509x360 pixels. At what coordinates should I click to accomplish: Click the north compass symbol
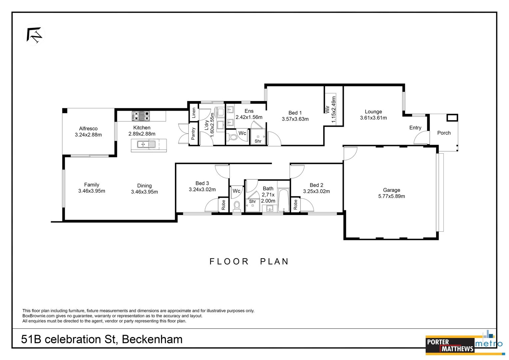(x=34, y=35)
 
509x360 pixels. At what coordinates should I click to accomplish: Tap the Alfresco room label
(x=88, y=129)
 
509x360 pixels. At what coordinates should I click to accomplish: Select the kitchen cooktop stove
(x=141, y=116)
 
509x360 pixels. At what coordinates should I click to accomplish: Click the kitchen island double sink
(x=146, y=145)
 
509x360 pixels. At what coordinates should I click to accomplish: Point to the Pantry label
(x=193, y=134)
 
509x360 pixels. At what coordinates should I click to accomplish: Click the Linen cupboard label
(x=194, y=113)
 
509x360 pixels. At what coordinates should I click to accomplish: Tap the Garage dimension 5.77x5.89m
(x=391, y=196)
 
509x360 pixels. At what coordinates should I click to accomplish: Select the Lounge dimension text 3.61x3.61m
(x=373, y=118)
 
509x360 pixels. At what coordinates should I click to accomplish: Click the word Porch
(x=444, y=133)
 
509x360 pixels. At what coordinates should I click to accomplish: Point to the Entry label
(x=415, y=128)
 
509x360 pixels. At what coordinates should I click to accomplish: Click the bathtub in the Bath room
(x=283, y=200)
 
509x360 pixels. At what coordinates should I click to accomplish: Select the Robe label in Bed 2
(x=295, y=205)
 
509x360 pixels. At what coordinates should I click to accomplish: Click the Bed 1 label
(x=295, y=113)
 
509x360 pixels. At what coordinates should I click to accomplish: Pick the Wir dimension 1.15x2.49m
(x=334, y=110)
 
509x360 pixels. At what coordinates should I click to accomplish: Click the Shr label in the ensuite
(x=258, y=141)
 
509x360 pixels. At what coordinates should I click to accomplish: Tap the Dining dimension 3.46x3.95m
(x=144, y=192)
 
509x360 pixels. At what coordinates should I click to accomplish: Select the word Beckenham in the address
(x=152, y=339)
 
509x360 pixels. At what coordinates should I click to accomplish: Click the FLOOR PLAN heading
(x=249, y=262)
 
